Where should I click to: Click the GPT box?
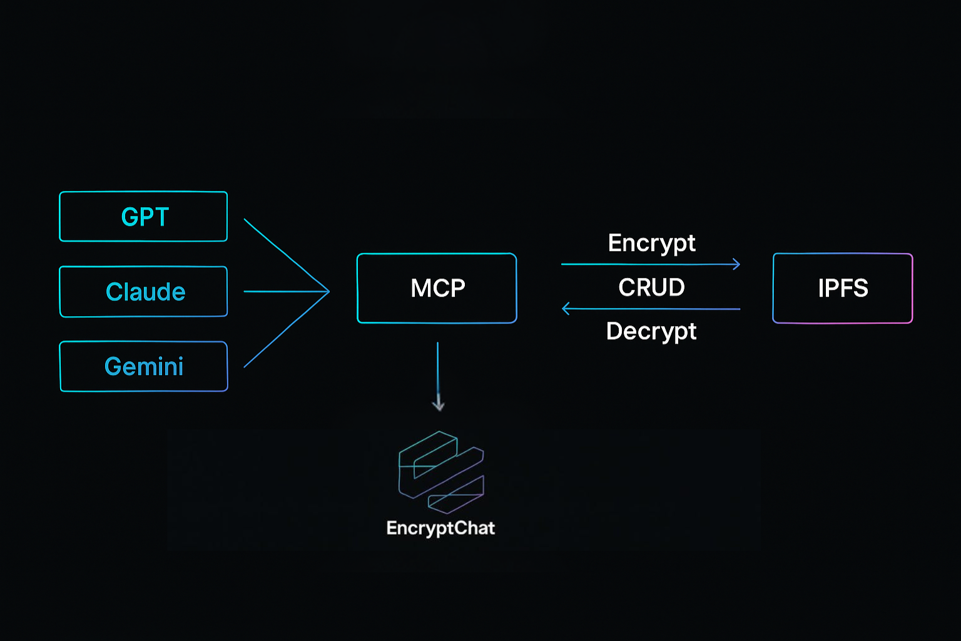click(x=143, y=217)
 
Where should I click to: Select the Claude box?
click(x=143, y=292)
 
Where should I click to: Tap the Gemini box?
click(x=143, y=367)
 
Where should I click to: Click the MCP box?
click(x=437, y=288)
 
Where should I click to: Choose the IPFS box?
click(x=843, y=288)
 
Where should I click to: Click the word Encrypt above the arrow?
click(x=651, y=243)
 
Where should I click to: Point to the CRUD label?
click(x=651, y=287)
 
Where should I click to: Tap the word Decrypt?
click(x=651, y=331)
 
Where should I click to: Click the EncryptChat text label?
click(x=440, y=528)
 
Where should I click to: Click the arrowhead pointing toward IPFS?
click(x=736, y=264)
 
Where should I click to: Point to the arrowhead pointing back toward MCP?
click(x=566, y=309)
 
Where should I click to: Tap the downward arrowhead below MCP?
click(x=438, y=405)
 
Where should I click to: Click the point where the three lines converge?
click(x=328, y=291)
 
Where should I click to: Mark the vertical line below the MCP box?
click(x=438, y=369)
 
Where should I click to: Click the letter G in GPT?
click(x=130, y=217)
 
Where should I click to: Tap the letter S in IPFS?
click(x=860, y=289)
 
